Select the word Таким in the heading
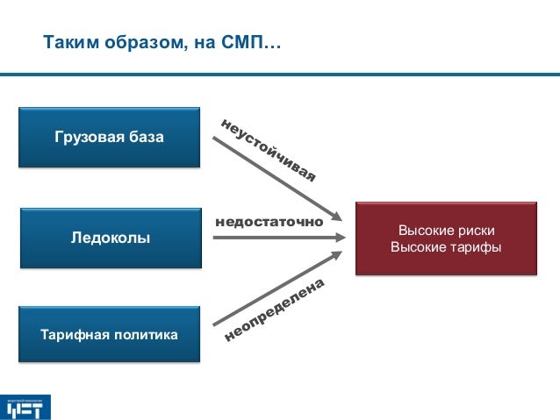[x=68, y=42]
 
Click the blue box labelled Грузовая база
[x=110, y=137]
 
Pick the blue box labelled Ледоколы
[x=110, y=237]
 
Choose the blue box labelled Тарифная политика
[x=110, y=334]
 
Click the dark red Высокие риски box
[x=446, y=238]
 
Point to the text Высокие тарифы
[x=446, y=247]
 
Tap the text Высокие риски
[x=446, y=230]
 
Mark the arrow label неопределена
[x=275, y=310]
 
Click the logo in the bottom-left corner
[x=26, y=407]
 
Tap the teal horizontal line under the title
[x=280, y=74]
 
